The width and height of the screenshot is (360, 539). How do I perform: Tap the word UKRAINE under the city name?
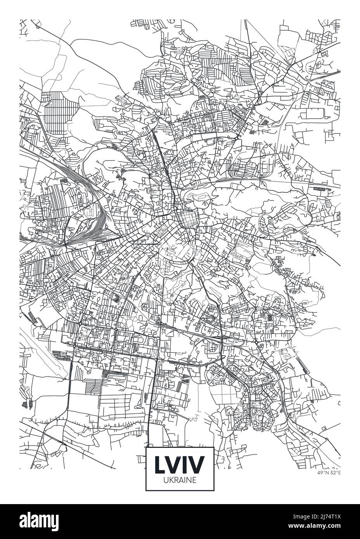(x=180, y=479)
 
